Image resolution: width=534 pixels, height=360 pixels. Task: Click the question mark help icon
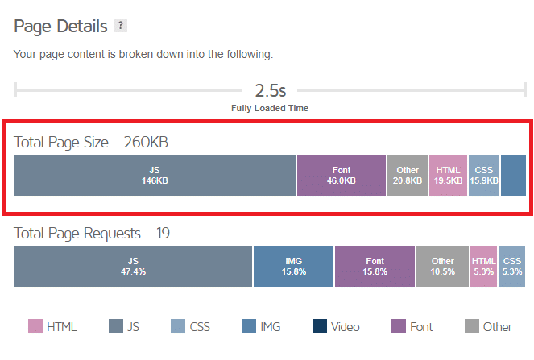[x=121, y=26]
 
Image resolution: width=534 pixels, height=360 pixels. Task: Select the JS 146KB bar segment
[x=155, y=176]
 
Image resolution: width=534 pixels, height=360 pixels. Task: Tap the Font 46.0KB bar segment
[x=342, y=176]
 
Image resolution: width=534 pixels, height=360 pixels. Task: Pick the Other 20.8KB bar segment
[x=408, y=176]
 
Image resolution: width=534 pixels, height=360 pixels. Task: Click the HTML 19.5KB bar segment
[x=449, y=176]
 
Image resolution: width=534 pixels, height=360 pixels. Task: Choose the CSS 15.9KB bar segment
[x=484, y=176]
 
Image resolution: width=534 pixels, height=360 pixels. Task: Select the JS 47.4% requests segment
[x=134, y=267]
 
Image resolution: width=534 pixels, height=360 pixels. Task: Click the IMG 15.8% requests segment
[x=294, y=267]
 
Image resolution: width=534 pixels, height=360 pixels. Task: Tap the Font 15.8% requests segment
[x=375, y=267]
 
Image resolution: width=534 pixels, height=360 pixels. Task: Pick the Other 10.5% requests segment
[x=443, y=267]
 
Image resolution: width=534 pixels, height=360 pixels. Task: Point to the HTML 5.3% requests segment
[x=484, y=267]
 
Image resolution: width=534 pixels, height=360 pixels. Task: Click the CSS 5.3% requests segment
[x=511, y=267]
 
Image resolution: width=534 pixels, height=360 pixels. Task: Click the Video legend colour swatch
[x=320, y=326]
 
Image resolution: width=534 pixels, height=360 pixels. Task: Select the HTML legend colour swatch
[x=35, y=326]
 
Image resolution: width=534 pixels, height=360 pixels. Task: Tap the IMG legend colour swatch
[x=248, y=326]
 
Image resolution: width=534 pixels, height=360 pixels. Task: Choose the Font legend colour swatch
[x=398, y=326]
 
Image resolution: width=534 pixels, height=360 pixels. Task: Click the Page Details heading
[x=60, y=26]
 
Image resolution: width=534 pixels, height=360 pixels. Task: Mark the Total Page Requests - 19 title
[x=92, y=234]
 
